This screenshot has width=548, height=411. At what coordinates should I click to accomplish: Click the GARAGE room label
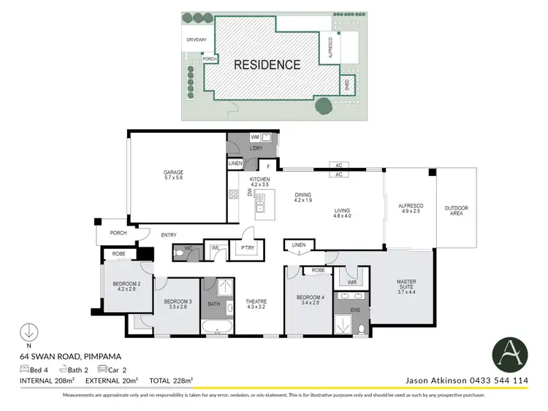pyautogui.click(x=173, y=175)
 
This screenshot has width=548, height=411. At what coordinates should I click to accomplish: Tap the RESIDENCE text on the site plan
pyautogui.click(x=267, y=65)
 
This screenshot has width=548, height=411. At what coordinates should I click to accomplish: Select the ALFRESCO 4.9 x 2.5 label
pyautogui.click(x=410, y=210)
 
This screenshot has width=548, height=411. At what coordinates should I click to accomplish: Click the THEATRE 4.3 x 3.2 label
pyautogui.click(x=255, y=304)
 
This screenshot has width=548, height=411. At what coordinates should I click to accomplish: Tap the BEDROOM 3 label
pyautogui.click(x=178, y=304)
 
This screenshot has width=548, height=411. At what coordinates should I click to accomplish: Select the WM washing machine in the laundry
pyautogui.click(x=255, y=137)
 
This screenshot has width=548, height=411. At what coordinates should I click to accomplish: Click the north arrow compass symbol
pyautogui.click(x=28, y=332)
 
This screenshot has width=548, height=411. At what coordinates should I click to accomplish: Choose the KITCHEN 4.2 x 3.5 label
pyautogui.click(x=259, y=183)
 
